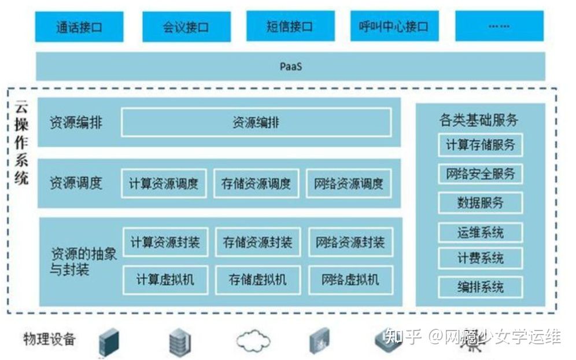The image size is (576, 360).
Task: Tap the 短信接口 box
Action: [x=290, y=27]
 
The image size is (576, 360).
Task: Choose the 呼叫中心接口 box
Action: [x=394, y=27]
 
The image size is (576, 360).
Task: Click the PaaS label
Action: [x=290, y=67]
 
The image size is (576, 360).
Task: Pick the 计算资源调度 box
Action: [x=164, y=183]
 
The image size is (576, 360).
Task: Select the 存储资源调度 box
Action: [x=256, y=183]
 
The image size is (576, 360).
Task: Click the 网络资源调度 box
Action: [x=349, y=183]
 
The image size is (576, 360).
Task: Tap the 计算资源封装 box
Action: [x=165, y=242]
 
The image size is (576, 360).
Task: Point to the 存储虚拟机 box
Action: [x=257, y=280]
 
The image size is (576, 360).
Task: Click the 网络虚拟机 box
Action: [x=350, y=280]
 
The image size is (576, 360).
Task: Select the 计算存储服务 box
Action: [x=480, y=145]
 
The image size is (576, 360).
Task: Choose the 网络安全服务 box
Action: [x=480, y=174]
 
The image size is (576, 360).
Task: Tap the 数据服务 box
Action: [x=480, y=203]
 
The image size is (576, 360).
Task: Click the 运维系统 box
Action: [x=480, y=233]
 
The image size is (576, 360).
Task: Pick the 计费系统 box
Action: [x=480, y=258]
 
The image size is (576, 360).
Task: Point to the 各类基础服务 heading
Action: [x=479, y=120]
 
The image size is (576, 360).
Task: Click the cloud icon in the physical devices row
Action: [x=253, y=340]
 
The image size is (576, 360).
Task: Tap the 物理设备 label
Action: [x=49, y=339]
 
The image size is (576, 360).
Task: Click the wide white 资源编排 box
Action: [x=256, y=123]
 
